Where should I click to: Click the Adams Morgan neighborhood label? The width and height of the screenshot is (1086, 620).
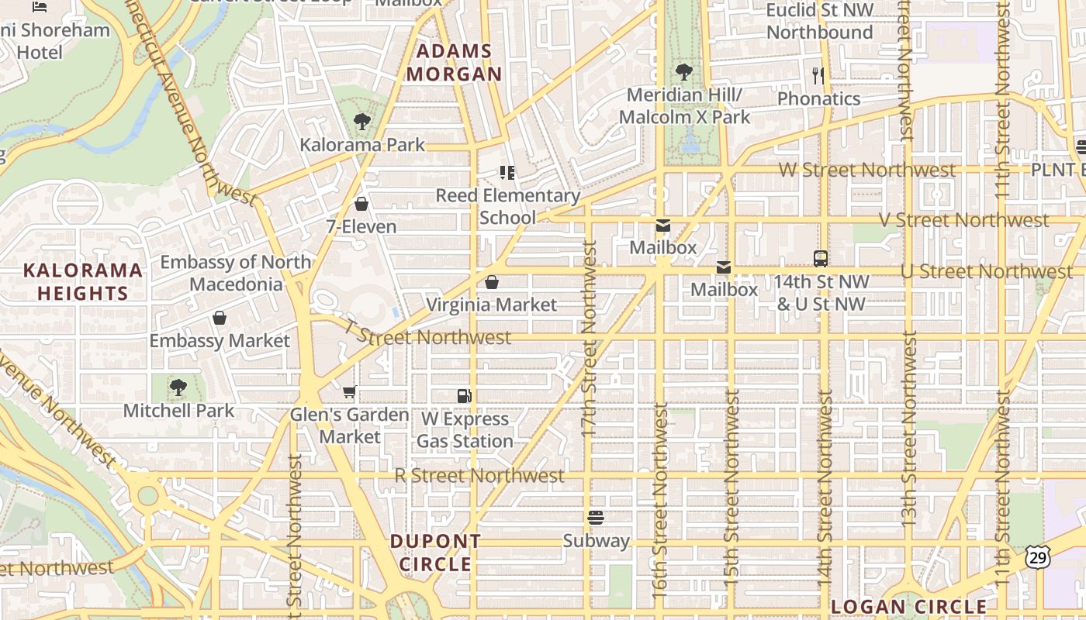point(455,63)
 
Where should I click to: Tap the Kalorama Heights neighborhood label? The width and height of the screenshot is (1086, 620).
point(82,281)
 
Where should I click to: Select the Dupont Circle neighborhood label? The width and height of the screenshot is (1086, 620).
point(435,553)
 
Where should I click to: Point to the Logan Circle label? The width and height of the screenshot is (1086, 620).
point(908,606)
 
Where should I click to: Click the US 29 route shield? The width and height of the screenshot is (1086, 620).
point(1038,555)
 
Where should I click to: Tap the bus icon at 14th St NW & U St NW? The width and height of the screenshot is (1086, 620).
point(820,259)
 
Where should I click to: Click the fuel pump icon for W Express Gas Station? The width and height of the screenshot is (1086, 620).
point(464,396)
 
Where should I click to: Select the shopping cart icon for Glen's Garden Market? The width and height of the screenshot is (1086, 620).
point(350,392)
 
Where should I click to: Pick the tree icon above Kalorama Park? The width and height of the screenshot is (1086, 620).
point(361,122)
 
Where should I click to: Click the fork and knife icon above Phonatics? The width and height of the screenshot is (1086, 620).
point(818,76)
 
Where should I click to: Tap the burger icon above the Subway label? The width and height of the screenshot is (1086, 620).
point(596,518)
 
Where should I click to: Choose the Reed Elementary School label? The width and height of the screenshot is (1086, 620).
point(507,206)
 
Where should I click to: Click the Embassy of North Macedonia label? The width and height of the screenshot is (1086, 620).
point(236,273)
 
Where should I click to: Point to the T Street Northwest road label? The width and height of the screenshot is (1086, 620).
point(428,336)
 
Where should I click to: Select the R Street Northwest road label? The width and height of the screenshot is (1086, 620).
point(479,475)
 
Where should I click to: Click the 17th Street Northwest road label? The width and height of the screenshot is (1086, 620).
point(589,339)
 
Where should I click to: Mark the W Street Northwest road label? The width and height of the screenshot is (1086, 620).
point(866,170)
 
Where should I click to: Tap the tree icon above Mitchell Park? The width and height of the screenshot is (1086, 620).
point(178,387)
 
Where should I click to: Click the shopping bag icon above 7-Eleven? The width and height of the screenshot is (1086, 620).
point(361,204)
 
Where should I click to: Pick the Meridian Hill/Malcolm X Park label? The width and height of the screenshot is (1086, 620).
point(684,105)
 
